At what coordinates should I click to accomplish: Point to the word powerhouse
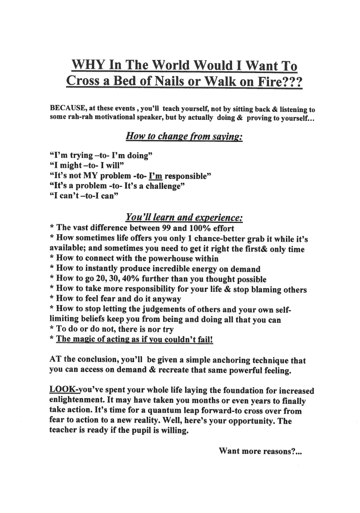click(x=161, y=259)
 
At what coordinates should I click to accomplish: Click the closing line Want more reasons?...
click(x=261, y=451)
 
